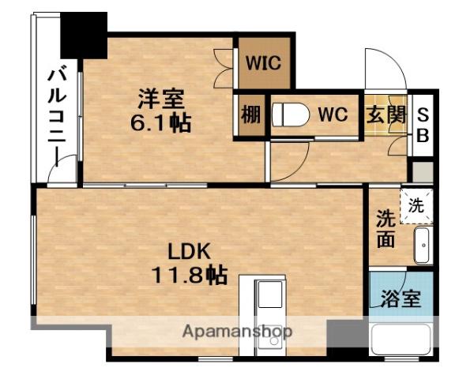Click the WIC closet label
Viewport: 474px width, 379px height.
tap(263, 63)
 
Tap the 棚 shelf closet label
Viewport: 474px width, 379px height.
tap(250, 114)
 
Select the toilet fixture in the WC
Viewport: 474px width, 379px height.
tap(291, 114)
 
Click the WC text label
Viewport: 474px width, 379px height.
tap(333, 114)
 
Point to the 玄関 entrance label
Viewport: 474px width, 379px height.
tap(386, 114)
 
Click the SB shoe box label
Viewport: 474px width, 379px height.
tap(423, 125)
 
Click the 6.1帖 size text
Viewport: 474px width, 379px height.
tap(161, 122)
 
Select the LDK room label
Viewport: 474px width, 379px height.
tap(190, 251)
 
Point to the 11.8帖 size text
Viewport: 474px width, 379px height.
tap(190, 275)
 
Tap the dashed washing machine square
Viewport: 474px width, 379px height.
tap(416, 206)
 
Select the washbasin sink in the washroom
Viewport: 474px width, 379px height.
tap(422, 245)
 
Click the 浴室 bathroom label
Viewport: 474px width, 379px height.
tap(401, 298)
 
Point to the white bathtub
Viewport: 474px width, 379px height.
tap(401, 340)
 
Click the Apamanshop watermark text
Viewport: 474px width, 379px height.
tap(238, 332)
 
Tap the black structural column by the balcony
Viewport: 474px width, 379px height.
tap(84, 36)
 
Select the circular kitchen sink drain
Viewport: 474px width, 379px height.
tap(274, 341)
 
